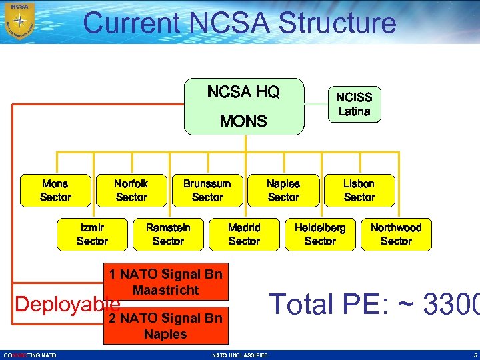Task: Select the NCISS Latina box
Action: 354,105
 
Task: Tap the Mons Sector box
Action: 55,190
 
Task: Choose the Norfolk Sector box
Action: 131,190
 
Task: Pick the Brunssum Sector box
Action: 207,190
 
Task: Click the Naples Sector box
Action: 283,190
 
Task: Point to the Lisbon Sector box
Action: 359,190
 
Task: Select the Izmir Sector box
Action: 92,234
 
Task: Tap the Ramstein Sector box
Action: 168,234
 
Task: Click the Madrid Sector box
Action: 244,234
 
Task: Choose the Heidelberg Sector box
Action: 320,234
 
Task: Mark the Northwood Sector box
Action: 396,234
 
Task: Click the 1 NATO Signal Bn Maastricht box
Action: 166,282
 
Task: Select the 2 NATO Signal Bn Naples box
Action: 166,326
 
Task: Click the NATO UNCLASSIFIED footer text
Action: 240,355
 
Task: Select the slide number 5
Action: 475,355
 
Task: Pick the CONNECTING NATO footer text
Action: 30,355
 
